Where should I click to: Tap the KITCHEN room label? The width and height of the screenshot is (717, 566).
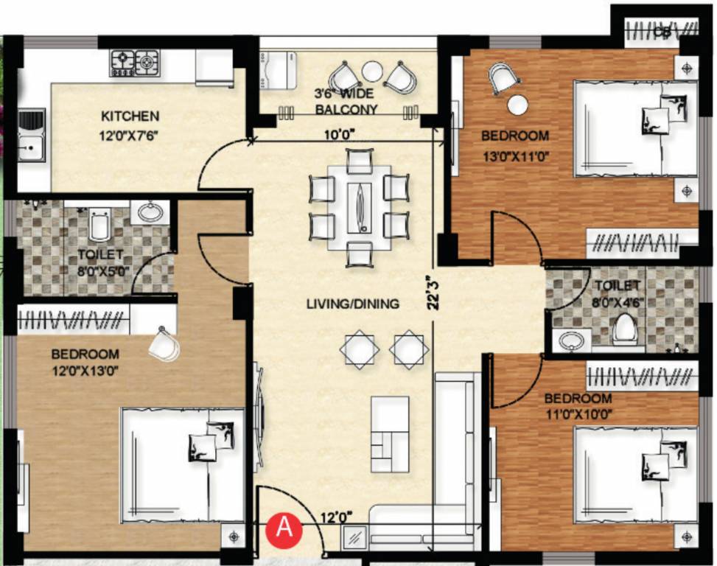coord(130,116)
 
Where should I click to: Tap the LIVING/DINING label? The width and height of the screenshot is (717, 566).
coord(354,303)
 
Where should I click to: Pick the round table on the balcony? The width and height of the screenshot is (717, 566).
coord(373,71)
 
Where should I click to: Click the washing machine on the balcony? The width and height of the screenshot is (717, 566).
coord(277,70)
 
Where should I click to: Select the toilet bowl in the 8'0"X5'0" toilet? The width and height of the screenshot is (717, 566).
coord(100,225)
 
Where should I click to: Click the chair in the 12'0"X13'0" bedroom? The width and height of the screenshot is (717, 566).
coord(163,343)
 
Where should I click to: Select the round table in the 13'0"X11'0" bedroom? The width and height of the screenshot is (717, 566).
coord(518,105)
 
